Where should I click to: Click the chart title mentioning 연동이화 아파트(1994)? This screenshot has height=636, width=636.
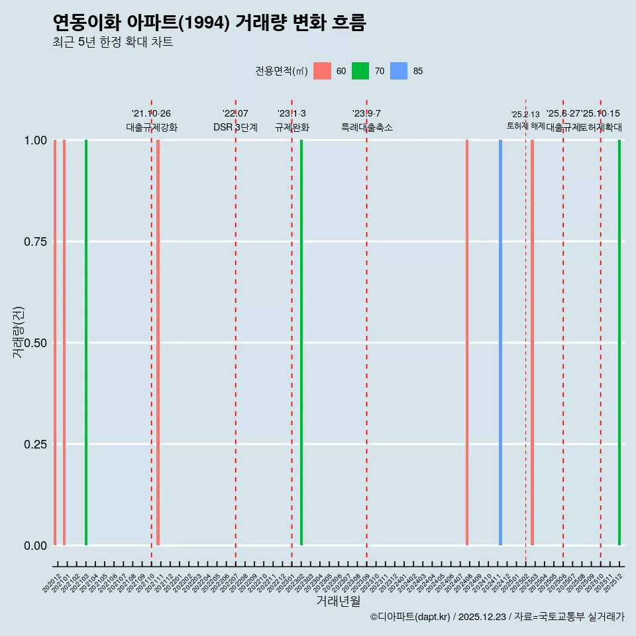click(209, 23)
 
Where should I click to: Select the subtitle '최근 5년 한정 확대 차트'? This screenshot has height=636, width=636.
click(113, 42)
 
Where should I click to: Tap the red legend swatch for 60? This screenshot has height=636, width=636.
click(322, 71)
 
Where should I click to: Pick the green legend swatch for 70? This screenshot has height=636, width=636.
click(360, 71)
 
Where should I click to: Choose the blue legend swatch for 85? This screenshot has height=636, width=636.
click(399, 71)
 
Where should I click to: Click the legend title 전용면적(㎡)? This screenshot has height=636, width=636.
click(281, 71)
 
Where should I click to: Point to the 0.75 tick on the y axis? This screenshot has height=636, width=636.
click(35, 242)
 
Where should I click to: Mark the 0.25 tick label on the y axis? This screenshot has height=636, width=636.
click(35, 445)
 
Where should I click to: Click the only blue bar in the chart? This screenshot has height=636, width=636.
click(500, 343)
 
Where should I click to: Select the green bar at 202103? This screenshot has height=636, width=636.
click(86, 343)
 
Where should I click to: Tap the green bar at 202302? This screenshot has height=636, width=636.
click(301, 343)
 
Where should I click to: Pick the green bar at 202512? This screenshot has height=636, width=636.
click(619, 343)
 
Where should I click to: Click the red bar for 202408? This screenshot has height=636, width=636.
click(467, 343)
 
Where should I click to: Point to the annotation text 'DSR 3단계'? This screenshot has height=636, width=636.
click(235, 127)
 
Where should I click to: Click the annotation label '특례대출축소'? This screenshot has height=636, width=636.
click(366, 127)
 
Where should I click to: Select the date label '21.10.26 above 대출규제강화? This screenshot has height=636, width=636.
click(151, 114)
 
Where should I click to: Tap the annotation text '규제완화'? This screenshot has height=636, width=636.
click(291, 127)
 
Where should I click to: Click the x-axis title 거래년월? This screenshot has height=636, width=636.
click(338, 601)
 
